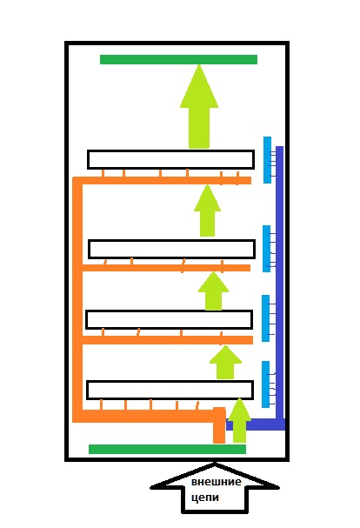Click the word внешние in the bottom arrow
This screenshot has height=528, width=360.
point(217,482)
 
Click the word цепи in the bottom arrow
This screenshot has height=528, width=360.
point(205,498)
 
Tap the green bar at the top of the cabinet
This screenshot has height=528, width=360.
point(178,60)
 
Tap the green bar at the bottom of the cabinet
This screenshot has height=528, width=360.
point(167,449)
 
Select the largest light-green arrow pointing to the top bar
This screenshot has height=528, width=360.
point(199,106)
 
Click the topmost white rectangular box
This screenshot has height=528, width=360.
point(170,159)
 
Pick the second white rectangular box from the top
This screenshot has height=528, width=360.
point(171,249)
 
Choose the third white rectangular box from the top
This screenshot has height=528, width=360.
point(169,319)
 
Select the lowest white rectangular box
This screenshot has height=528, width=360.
point(170,390)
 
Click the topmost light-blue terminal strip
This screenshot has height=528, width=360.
point(267,160)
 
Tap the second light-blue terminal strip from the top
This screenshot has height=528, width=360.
point(266,249)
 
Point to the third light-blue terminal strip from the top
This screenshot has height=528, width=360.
point(266,318)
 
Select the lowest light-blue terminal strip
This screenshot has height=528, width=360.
point(266,384)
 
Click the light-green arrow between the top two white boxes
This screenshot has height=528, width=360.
point(207,211)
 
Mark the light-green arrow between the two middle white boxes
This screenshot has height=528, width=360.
point(214,291)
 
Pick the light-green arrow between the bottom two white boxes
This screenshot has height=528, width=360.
point(225,362)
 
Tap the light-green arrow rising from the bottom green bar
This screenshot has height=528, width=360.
point(239,420)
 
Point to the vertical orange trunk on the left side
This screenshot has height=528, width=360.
point(77,299)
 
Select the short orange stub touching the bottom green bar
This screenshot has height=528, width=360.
point(219,425)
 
